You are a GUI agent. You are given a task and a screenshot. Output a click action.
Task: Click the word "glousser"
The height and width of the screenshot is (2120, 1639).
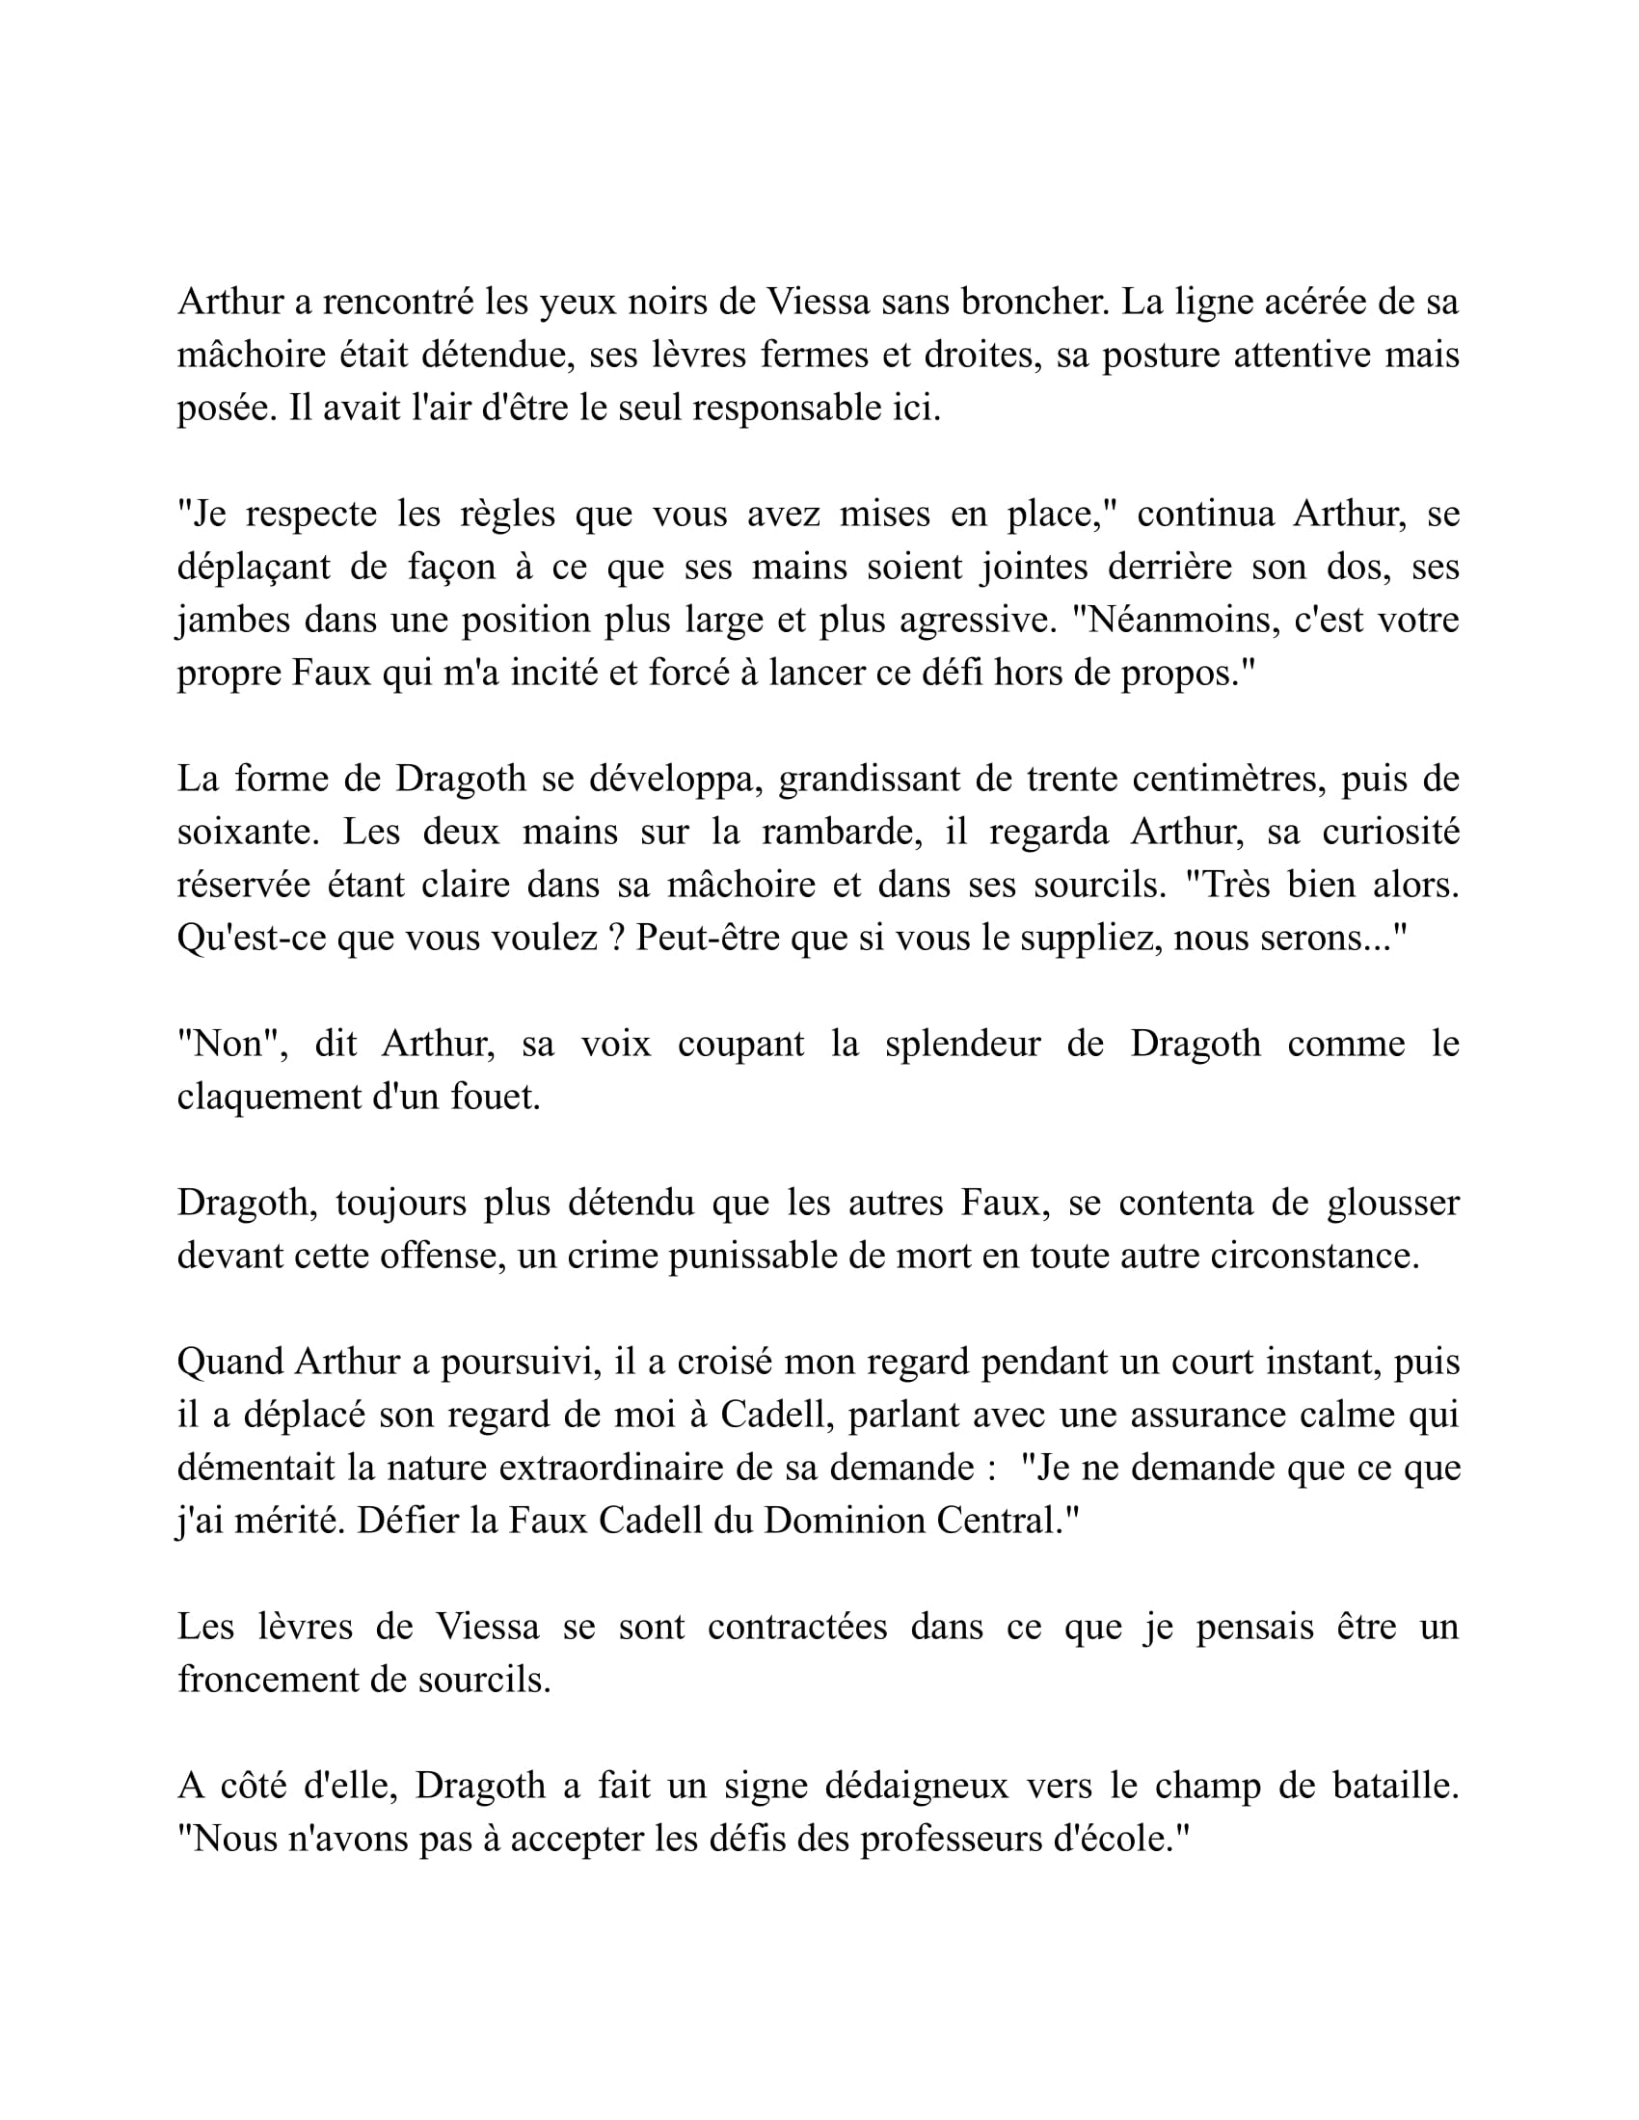(1392, 1203)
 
